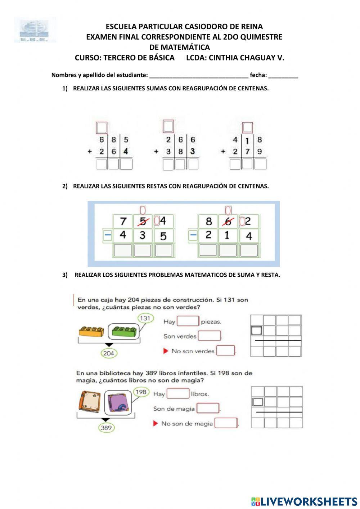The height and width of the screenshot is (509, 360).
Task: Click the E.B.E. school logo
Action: click(x=35, y=30)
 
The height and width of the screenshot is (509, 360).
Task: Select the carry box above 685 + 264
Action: click(x=102, y=127)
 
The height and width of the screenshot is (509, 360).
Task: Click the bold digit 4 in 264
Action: click(x=126, y=152)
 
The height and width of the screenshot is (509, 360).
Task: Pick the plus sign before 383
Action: click(x=156, y=151)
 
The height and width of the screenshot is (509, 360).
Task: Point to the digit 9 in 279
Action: click(x=260, y=152)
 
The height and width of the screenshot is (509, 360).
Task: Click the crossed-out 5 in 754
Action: click(x=143, y=221)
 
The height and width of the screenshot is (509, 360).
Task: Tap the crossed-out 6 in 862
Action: click(x=228, y=221)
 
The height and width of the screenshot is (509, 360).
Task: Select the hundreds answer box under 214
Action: click(x=208, y=250)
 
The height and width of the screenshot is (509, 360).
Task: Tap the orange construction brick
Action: click(x=92, y=331)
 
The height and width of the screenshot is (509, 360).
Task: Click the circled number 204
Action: click(x=108, y=353)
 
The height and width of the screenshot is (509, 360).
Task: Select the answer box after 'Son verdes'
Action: click(x=209, y=336)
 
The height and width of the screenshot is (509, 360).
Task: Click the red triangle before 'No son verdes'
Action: click(x=166, y=351)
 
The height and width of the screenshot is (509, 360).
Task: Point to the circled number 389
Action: click(x=106, y=428)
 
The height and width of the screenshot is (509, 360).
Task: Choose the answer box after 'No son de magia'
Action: click(x=226, y=423)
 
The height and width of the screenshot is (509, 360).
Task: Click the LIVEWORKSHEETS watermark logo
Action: click(x=304, y=501)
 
